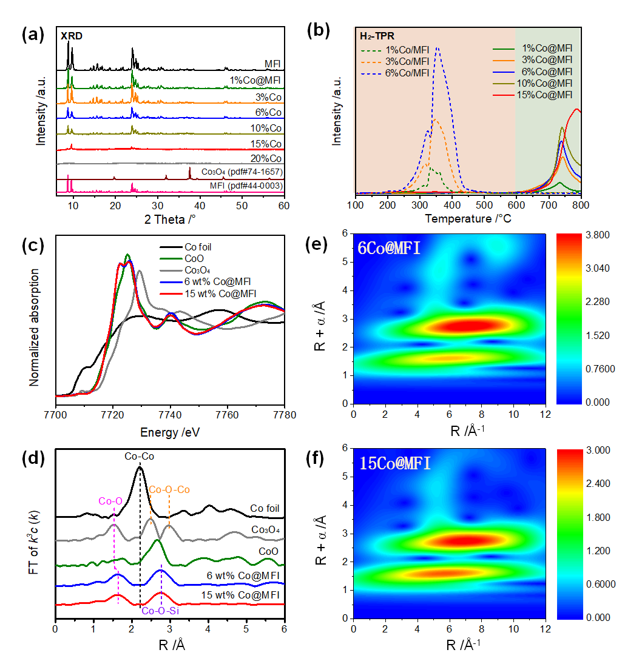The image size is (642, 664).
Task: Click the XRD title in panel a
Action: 71,36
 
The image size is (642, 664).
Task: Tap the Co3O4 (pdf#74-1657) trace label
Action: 242,172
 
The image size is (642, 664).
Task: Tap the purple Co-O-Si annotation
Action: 160,611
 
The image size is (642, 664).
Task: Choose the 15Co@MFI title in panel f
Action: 394,464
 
